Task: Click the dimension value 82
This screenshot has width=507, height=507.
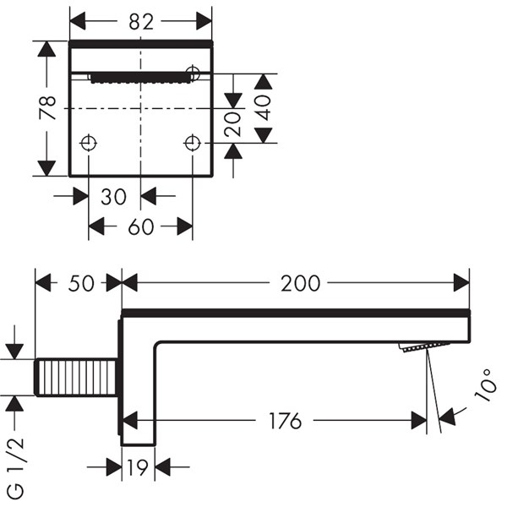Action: (x=140, y=22)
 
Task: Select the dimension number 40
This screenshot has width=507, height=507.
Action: (x=264, y=107)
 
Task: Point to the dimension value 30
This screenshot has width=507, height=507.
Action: (x=113, y=197)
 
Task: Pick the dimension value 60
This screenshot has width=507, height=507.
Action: (x=141, y=227)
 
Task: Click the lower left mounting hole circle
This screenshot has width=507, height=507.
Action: (x=89, y=143)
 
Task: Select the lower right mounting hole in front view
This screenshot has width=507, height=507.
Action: (x=193, y=143)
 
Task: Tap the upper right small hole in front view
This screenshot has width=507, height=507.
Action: (x=194, y=74)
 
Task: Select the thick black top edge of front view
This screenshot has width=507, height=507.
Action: (x=141, y=42)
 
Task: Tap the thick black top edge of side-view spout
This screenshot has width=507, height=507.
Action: (x=296, y=313)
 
